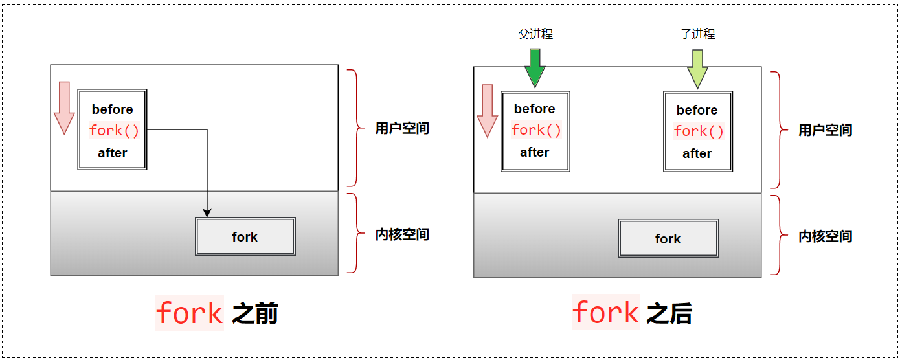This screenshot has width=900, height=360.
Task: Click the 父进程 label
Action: click(x=535, y=34)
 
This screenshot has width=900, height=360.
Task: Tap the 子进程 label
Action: click(x=697, y=34)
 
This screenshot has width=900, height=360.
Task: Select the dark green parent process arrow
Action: click(x=535, y=69)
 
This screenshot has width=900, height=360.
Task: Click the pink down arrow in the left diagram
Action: click(x=64, y=107)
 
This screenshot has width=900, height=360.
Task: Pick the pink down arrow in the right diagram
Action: click(x=487, y=110)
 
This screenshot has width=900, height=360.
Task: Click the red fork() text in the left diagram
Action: click(x=114, y=131)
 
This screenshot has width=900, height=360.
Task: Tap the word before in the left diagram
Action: click(x=113, y=109)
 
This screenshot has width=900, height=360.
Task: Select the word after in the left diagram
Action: click(x=113, y=153)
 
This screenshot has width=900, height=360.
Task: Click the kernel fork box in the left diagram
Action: click(x=245, y=237)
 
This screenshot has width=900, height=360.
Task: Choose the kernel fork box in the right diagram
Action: click(x=668, y=239)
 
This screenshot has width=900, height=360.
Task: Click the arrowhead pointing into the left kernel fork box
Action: click(x=207, y=212)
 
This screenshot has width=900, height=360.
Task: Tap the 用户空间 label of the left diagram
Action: click(x=402, y=128)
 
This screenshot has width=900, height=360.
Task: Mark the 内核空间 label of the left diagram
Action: click(x=402, y=234)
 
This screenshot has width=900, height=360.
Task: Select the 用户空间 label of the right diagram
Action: click(x=825, y=130)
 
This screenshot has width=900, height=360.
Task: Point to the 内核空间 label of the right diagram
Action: click(x=825, y=236)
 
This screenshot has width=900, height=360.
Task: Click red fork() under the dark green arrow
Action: click(x=536, y=130)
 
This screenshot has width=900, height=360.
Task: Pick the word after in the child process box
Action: click(x=697, y=154)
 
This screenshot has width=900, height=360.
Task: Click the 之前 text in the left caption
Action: click(x=255, y=315)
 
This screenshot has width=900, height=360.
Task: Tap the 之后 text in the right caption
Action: click(x=669, y=315)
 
